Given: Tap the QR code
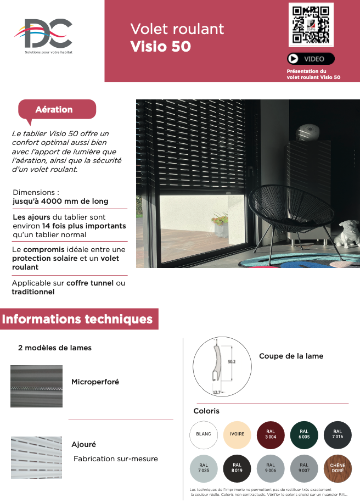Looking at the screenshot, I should pyautogui.click(x=311, y=25).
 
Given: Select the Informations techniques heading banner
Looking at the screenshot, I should pyautogui.click(x=78, y=319).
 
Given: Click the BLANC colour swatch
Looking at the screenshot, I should pyautogui.click(x=204, y=434).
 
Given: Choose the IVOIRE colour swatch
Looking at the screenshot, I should pyautogui.click(x=237, y=434).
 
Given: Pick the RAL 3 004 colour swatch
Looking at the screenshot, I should pyautogui.click(x=271, y=434).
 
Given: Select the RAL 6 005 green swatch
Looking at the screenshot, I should pyautogui.click(x=304, y=434).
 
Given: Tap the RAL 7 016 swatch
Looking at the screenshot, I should pyautogui.click(x=337, y=434).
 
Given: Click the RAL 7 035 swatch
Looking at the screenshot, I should pyautogui.click(x=204, y=468).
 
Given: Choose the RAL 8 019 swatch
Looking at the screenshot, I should pyautogui.click(x=237, y=468).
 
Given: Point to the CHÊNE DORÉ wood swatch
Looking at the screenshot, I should pyautogui.click(x=337, y=468).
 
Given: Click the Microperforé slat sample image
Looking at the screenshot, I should pyautogui.click(x=36, y=386).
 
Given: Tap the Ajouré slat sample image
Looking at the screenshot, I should pyautogui.click(x=36, y=457).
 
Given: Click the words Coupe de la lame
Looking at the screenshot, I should pyautogui.click(x=291, y=356).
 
